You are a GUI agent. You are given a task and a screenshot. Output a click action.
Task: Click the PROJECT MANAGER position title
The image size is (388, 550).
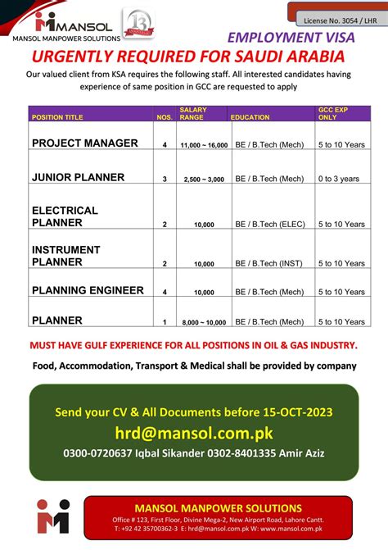click(84, 143)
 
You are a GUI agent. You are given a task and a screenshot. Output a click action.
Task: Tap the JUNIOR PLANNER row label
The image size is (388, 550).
click(78, 177)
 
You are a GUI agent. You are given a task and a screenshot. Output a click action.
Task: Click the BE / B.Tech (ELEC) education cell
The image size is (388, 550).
click(269, 224)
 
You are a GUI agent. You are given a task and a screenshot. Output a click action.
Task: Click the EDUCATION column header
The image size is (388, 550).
click(250, 118)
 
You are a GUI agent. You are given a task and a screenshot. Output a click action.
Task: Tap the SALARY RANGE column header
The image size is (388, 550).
click(193, 114)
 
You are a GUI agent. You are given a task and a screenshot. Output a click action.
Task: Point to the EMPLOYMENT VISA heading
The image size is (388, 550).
click(291, 38)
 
